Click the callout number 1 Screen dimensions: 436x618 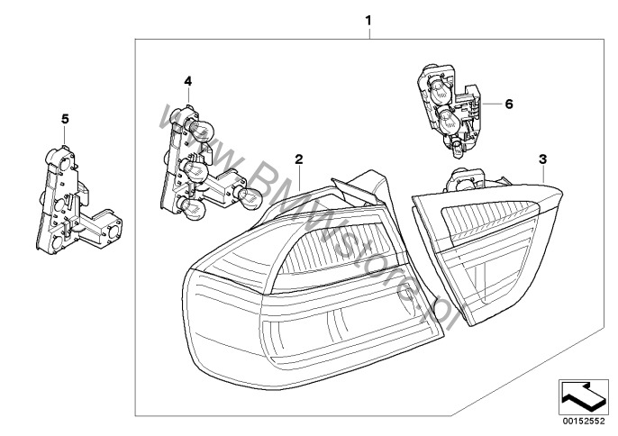pyautogui.click(x=368, y=18)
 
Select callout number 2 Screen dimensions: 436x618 pyautogui.click(x=298, y=158)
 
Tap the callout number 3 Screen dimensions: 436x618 pyautogui.click(x=542, y=159)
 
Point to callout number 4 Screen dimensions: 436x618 pyautogui.click(x=187, y=81)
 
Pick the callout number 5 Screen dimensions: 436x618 pyautogui.click(x=64, y=118)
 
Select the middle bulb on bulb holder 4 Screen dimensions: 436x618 pyautogui.click(x=197, y=168)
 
